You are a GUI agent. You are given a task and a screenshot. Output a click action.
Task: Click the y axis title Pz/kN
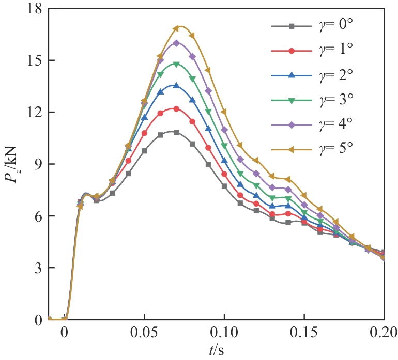pyautogui.click(x=15, y=164)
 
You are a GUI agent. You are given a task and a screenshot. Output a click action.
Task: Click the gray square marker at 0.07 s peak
pyautogui.click(x=176, y=132)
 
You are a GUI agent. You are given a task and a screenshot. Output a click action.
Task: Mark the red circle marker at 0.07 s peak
pyautogui.click(x=176, y=109)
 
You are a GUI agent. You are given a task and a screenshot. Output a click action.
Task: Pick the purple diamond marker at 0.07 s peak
pyautogui.click(x=176, y=43)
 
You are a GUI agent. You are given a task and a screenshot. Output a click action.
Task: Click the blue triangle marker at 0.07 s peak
pyautogui.click(x=176, y=86)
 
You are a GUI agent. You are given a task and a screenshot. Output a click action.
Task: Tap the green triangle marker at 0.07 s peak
pyautogui.click(x=176, y=65)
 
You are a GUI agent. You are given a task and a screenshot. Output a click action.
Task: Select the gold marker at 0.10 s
pyautogui.click(x=224, y=112)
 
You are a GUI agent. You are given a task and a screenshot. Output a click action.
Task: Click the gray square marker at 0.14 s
pyautogui.click(x=288, y=223)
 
